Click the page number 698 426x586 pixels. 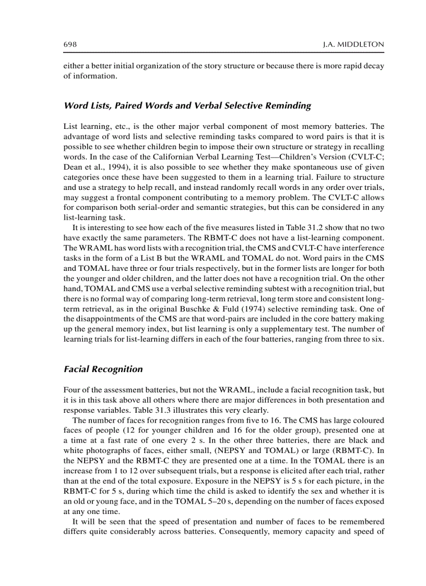pyautogui.click(x=70, y=45)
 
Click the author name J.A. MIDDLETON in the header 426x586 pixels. pyautogui.click(x=353, y=45)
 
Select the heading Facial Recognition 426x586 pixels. pyautogui.click(x=103, y=369)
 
